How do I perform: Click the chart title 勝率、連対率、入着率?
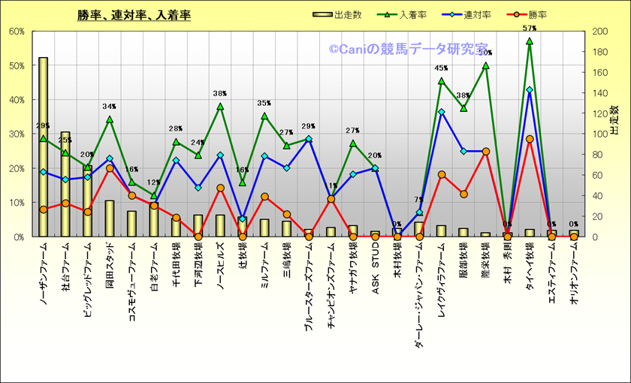pyautogui.click(x=134, y=15)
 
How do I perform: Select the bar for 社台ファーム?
pyautogui.click(x=65, y=184)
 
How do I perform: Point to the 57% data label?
pyautogui.click(x=529, y=29)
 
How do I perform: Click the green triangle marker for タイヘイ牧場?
pyautogui.click(x=529, y=41)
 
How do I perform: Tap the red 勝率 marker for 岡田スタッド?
pyautogui.click(x=110, y=168)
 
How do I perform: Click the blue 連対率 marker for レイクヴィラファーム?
pyautogui.click(x=441, y=112)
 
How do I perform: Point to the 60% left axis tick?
pyautogui.click(x=17, y=32)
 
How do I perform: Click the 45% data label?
pyautogui.click(x=441, y=68)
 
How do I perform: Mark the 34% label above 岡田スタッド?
pyautogui.click(x=110, y=107)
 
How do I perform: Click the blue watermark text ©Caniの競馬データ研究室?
pyautogui.click(x=408, y=49)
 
